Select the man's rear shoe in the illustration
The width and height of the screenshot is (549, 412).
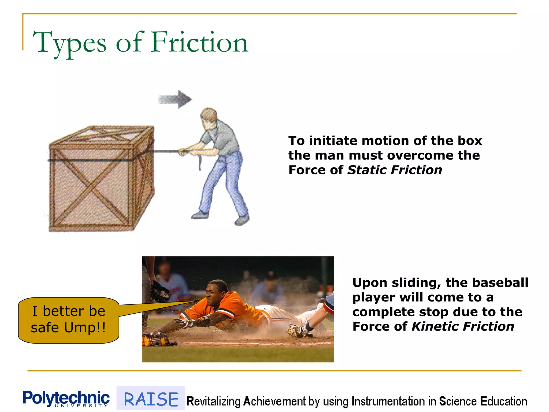(242, 220)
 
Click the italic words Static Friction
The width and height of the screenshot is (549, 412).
(394, 170)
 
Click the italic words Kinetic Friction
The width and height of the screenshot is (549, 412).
(462, 326)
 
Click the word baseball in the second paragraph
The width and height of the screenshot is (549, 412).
(500, 282)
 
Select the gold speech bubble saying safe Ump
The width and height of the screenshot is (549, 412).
(68, 320)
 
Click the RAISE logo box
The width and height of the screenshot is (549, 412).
(151, 399)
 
